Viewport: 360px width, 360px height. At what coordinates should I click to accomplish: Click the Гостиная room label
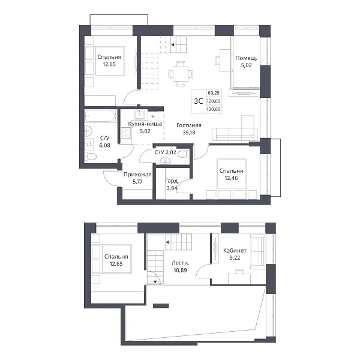point(189,125)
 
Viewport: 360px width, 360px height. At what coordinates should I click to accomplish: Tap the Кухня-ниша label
point(145,124)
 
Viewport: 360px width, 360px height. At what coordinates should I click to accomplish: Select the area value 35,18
point(189,133)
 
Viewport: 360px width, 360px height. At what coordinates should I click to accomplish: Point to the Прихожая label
point(137,175)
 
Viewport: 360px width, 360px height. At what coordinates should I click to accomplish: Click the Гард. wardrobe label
point(172,181)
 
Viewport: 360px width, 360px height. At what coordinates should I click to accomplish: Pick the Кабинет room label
point(235,250)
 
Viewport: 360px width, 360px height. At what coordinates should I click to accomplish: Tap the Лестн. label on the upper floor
point(181,263)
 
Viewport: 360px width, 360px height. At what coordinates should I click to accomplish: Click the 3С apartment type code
point(199,101)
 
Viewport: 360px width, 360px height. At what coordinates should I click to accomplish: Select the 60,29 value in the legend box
point(214,93)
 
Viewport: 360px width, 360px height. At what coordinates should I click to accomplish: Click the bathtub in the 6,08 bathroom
point(100,116)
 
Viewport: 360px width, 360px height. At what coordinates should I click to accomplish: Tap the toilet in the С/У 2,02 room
point(183,154)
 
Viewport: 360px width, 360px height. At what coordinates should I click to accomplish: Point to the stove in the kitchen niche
point(126,133)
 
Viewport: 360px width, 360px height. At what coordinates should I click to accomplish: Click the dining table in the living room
point(181,74)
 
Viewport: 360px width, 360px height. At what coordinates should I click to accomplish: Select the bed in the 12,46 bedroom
point(232,178)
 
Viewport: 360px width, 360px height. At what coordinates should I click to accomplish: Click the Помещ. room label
point(246,58)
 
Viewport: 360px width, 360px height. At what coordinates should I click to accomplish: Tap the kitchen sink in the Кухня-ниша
point(139,115)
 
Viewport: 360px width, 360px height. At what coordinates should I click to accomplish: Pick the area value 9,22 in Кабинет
point(235,258)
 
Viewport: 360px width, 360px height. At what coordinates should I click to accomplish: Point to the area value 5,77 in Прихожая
point(137,182)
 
